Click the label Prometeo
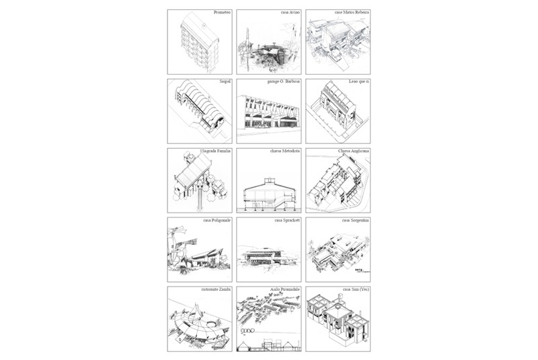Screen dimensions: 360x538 (x=222, y=13)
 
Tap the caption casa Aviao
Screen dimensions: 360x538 (x=291, y=13)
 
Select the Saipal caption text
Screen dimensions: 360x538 (x=225, y=82)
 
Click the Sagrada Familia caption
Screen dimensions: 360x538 (x=217, y=151)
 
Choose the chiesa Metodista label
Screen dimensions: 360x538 (x=286, y=151)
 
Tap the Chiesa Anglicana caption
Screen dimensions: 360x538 (x=354, y=151)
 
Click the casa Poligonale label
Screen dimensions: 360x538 (x=217, y=220)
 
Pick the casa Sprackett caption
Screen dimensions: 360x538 (x=287, y=220)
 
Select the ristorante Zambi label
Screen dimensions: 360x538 (x=216, y=289)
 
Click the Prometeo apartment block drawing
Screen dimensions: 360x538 (x=200, y=44)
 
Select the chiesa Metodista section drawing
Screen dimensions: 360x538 (x=268, y=191)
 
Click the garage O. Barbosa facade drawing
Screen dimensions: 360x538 (x=268, y=113)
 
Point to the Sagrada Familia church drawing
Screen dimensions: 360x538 (x=195, y=178)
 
